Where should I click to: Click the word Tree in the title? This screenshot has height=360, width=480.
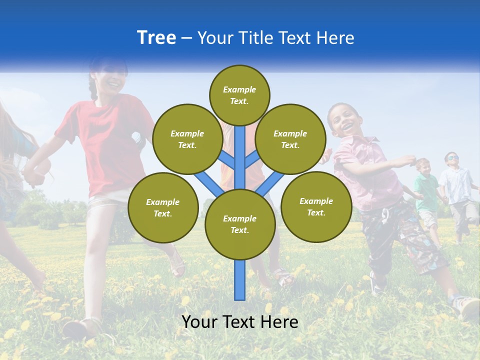coord(156,38)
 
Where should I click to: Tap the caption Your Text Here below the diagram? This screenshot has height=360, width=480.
coord(240,322)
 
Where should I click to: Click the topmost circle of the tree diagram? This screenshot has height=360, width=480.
coord(239,95)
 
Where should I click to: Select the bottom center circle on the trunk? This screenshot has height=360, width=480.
coord(240,224)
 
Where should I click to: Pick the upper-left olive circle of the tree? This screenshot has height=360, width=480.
coord(187,139)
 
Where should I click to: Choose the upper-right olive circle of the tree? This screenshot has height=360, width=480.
coord(290,139)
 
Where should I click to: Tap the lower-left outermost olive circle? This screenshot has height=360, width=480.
coord(163,208)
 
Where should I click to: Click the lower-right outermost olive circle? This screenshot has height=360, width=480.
coord(316,207)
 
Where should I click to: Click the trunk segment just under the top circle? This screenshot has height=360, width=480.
coord(240,145)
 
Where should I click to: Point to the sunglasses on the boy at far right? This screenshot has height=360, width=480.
coord(452,158)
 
